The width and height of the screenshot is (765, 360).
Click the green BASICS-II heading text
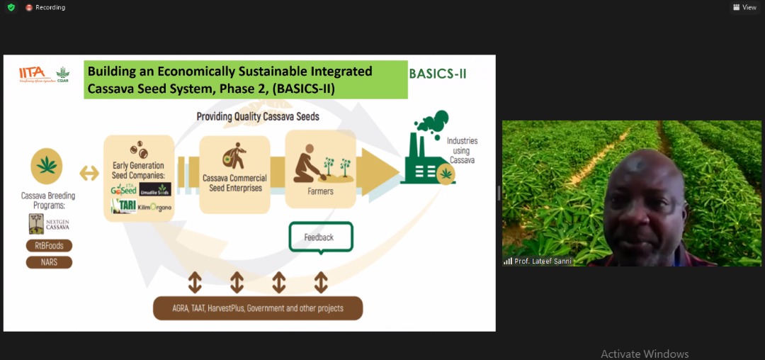438,74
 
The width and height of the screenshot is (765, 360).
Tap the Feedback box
320,237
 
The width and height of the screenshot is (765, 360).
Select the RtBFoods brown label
50,246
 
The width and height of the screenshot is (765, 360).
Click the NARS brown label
50,262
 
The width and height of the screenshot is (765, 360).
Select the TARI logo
123,206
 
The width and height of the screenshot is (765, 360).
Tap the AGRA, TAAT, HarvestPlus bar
258,308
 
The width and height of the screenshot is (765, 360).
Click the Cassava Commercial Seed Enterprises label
234,182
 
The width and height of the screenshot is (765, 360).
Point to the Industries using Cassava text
462,150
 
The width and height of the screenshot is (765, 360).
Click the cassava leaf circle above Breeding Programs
47,166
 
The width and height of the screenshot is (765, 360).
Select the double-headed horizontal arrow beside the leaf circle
89,172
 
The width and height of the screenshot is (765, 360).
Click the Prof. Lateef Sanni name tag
537,261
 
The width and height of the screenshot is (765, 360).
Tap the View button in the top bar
745,7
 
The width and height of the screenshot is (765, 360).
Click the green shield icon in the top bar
11,7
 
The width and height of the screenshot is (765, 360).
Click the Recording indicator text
50,7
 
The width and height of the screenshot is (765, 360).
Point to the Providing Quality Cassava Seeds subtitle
258,116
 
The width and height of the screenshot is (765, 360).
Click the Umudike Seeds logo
155,190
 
